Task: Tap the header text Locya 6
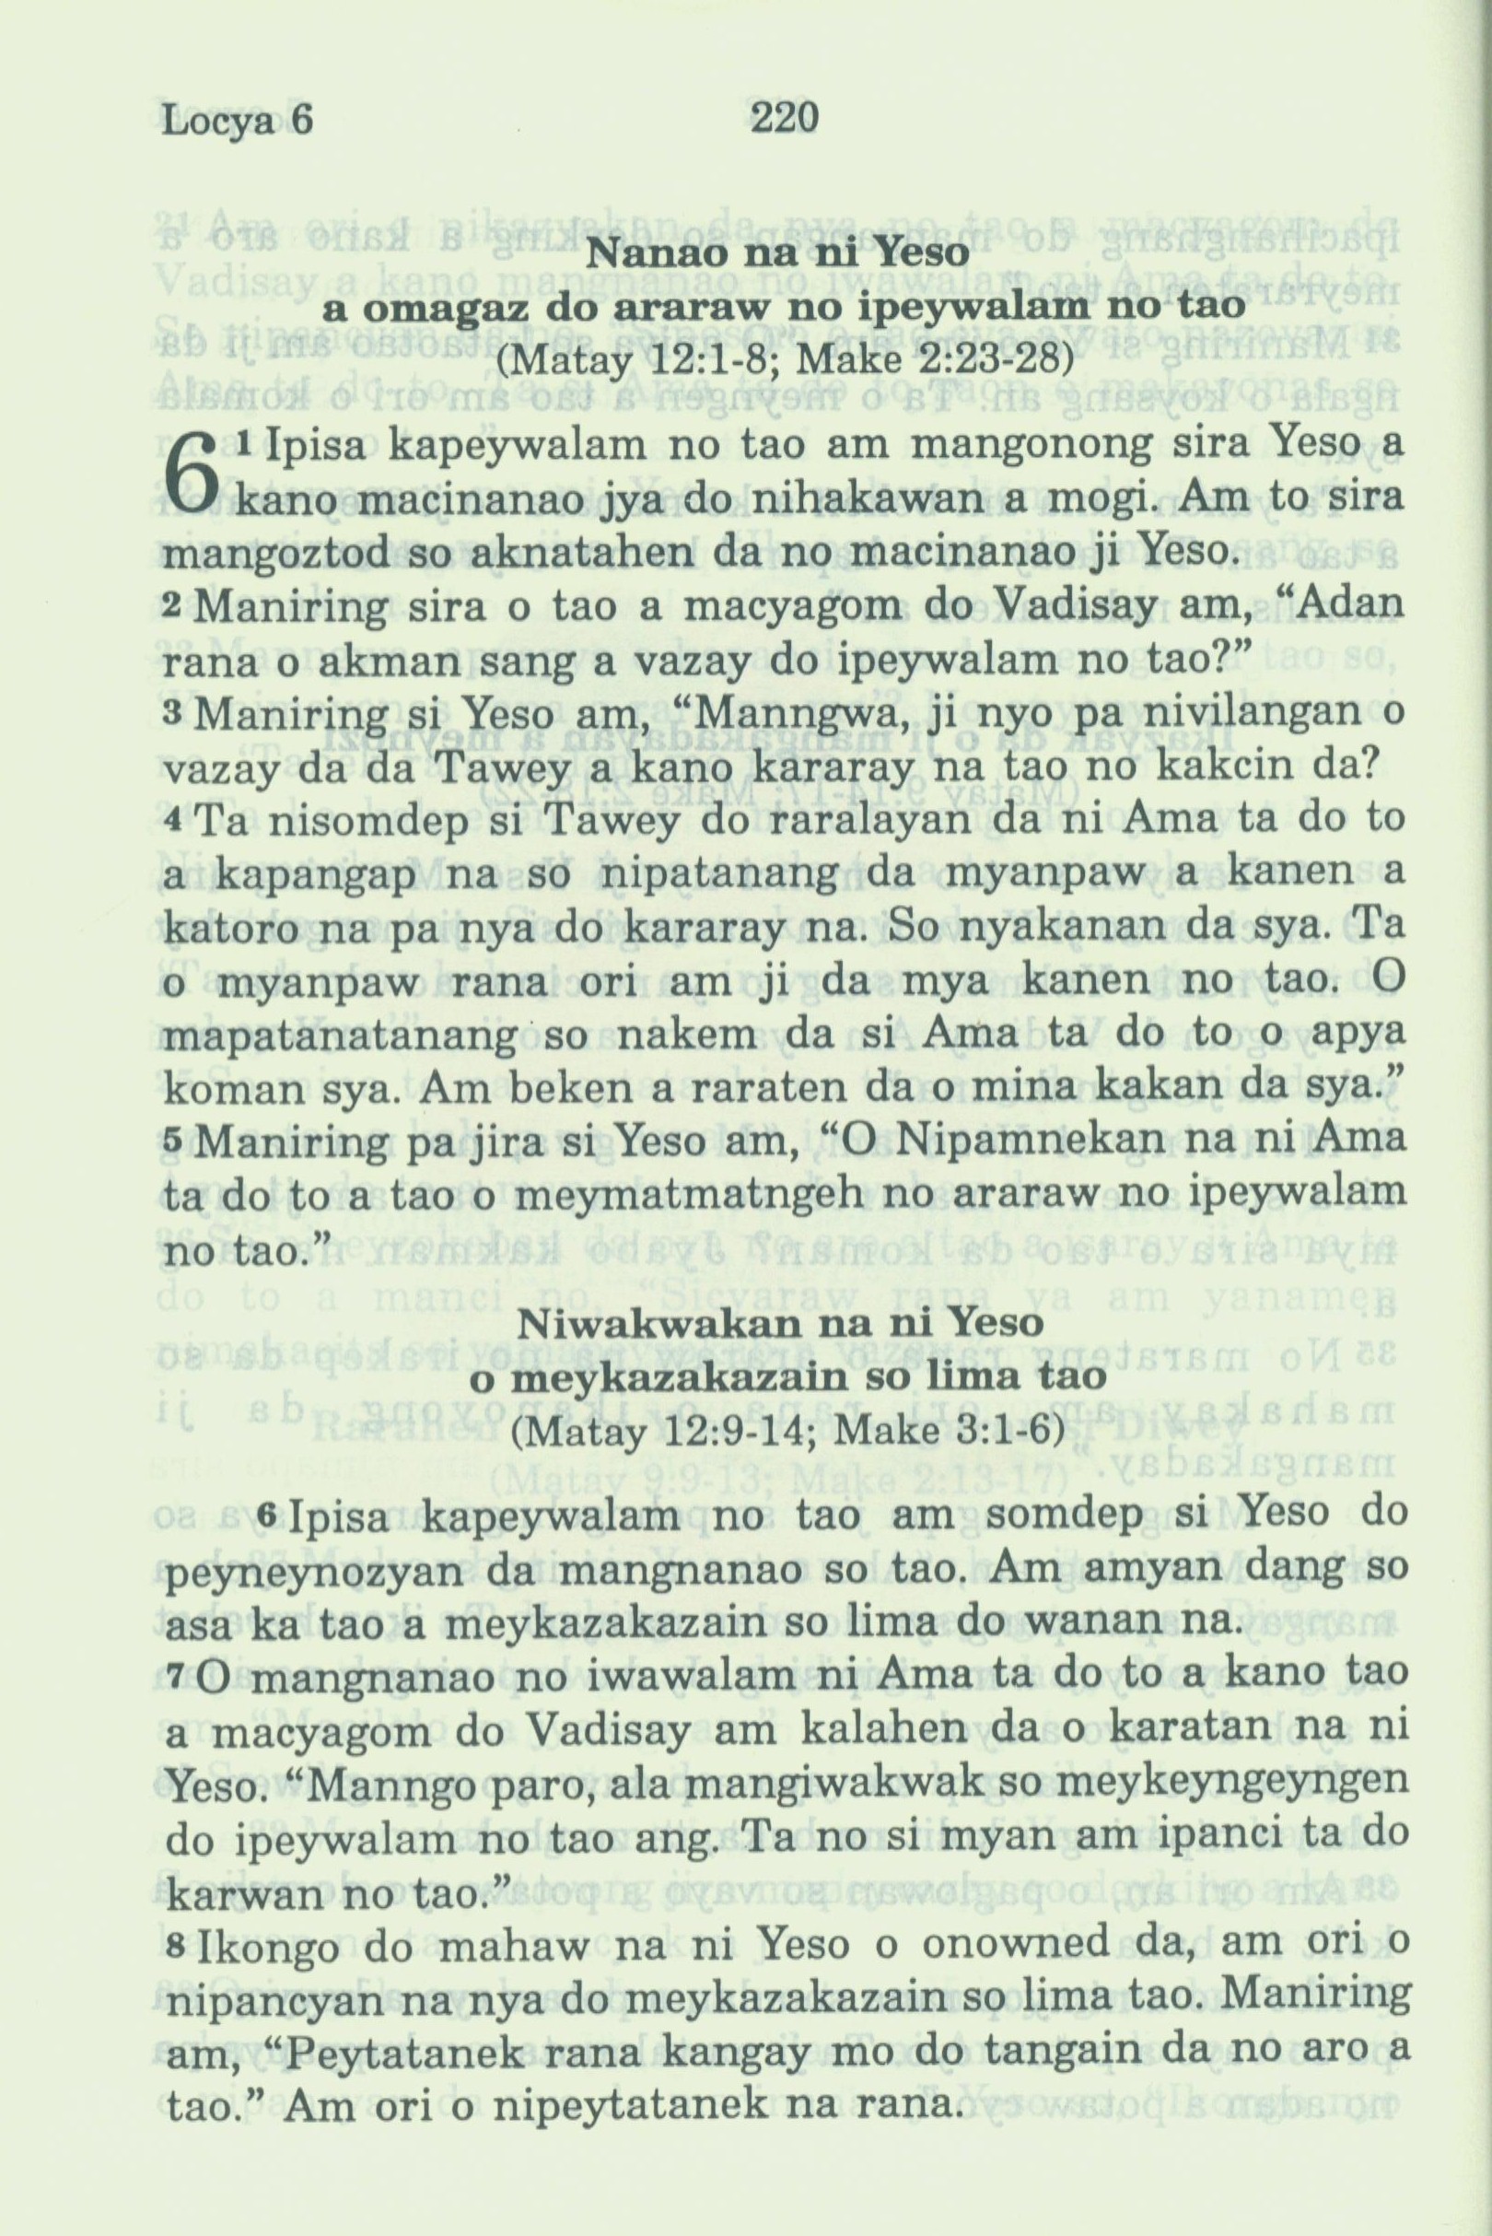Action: coord(237,123)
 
